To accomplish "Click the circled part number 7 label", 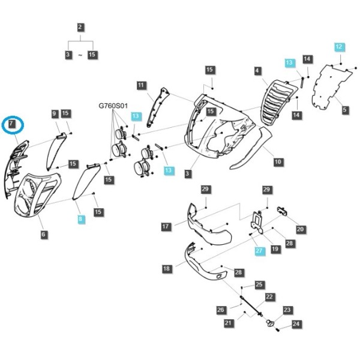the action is point(11,124).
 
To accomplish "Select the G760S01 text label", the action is point(113,106).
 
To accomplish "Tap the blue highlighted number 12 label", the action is point(339,47).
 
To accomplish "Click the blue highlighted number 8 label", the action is point(80,219).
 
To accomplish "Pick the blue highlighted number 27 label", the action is point(259,250).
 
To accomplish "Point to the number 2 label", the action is point(80,28).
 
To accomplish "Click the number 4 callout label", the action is point(257,70).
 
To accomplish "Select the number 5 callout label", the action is point(344,110).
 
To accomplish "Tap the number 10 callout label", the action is point(278,162).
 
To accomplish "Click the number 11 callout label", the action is point(141,85).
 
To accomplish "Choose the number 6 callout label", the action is point(43,235).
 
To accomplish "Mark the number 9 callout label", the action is point(54,113).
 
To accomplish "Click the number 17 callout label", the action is point(166,227).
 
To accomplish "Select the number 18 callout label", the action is point(167,268).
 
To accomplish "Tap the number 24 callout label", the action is point(296,324).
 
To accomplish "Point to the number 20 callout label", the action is point(301,229).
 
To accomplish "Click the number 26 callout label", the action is point(221,310).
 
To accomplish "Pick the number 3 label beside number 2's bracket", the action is point(68,55).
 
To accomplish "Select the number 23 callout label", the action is point(287,310).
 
